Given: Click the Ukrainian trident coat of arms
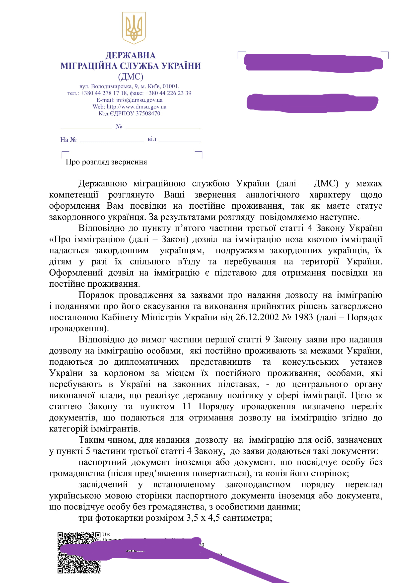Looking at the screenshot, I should click(x=134, y=28).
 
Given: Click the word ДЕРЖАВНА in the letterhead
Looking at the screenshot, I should click(x=130, y=55).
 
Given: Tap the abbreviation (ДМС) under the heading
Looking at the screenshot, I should click(x=130, y=77).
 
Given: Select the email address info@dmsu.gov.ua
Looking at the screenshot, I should click(x=139, y=100).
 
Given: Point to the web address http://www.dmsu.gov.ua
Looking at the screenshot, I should click(x=137, y=107).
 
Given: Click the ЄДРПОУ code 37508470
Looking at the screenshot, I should click(x=148, y=113).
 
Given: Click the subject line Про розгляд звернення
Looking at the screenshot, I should click(x=106, y=162).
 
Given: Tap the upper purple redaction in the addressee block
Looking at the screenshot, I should click(x=313, y=62).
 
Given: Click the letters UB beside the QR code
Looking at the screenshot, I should click(x=106, y=534).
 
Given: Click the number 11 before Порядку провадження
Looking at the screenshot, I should click(x=187, y=407).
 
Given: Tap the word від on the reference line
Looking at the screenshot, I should click(x=152, y=139).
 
